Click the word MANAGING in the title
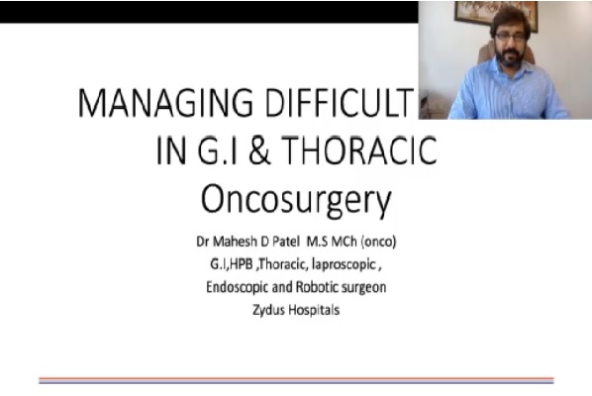coord(165,103)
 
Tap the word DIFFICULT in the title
coord(339,103)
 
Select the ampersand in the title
coord(259,150)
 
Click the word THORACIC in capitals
coord(359,150)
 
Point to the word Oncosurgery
coord(296,200)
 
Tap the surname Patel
coord(286,242)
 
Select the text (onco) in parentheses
coord(379,242)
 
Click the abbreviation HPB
coord(241,264)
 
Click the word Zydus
coord(268,310)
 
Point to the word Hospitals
coord(314,311)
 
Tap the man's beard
coord(510,56)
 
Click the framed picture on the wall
coord(495,13)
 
